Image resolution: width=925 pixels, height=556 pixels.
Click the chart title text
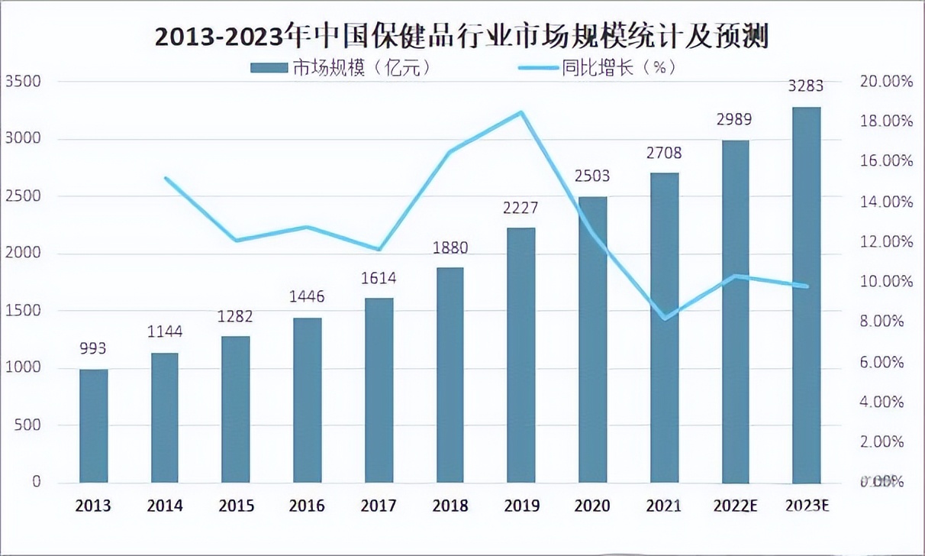(x=462, y=36)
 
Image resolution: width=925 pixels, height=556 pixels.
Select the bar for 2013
(x=94, y=426)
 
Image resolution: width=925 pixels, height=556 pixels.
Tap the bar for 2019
(x=521, y=355)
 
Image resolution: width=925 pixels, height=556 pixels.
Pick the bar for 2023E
(x=807, y=295)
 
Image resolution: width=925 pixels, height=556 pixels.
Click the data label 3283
(x=807, y=86)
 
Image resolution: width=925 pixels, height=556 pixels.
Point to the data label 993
(x=93, y=349)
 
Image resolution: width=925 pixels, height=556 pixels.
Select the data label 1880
(x=450, y=248)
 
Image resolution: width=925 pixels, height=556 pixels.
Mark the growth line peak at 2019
(x=521, y=112)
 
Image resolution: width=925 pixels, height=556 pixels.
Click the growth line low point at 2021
(x=664, y=318)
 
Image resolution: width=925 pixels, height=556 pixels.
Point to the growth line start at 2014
(x=166, y=178)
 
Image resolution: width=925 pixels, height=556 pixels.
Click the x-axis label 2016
(x=307, y=506)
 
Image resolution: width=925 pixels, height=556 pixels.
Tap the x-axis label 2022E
(x=735, y=506)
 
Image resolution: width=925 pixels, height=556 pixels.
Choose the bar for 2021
(x=664, y=328)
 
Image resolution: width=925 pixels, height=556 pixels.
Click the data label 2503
(x=592, y=176)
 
